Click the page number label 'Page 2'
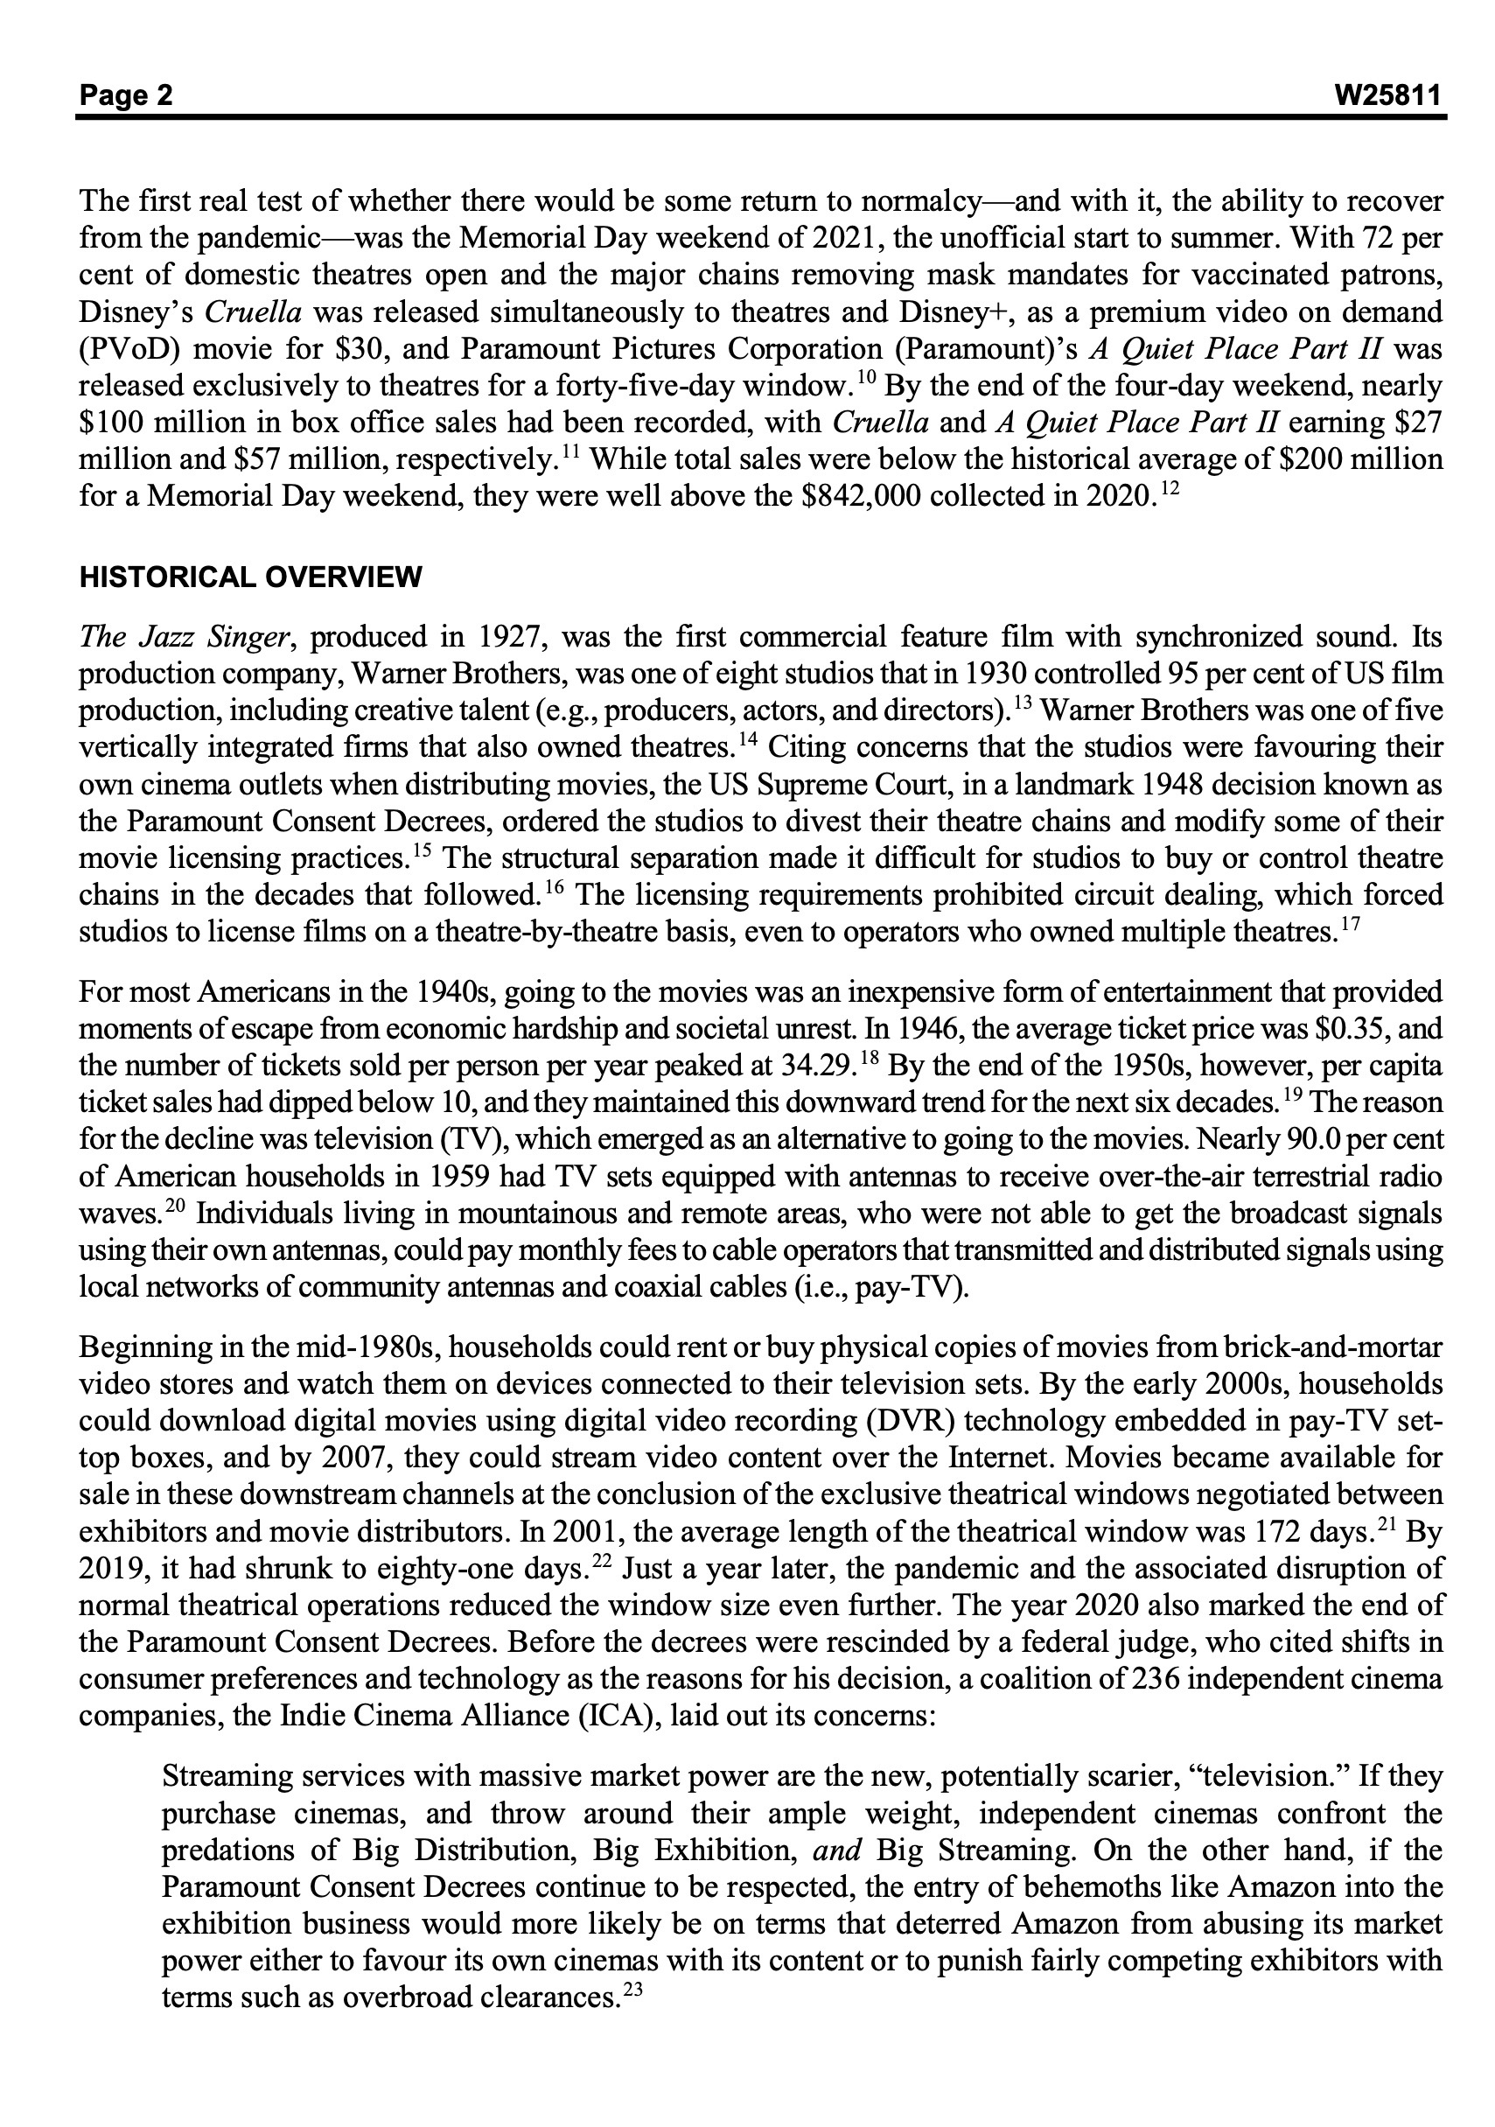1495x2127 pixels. [x=126, y=95]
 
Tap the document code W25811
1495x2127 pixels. [x=1389, y=95]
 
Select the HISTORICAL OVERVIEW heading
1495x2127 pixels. [x=250, y=577]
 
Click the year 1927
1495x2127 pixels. [x=509, y=637]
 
